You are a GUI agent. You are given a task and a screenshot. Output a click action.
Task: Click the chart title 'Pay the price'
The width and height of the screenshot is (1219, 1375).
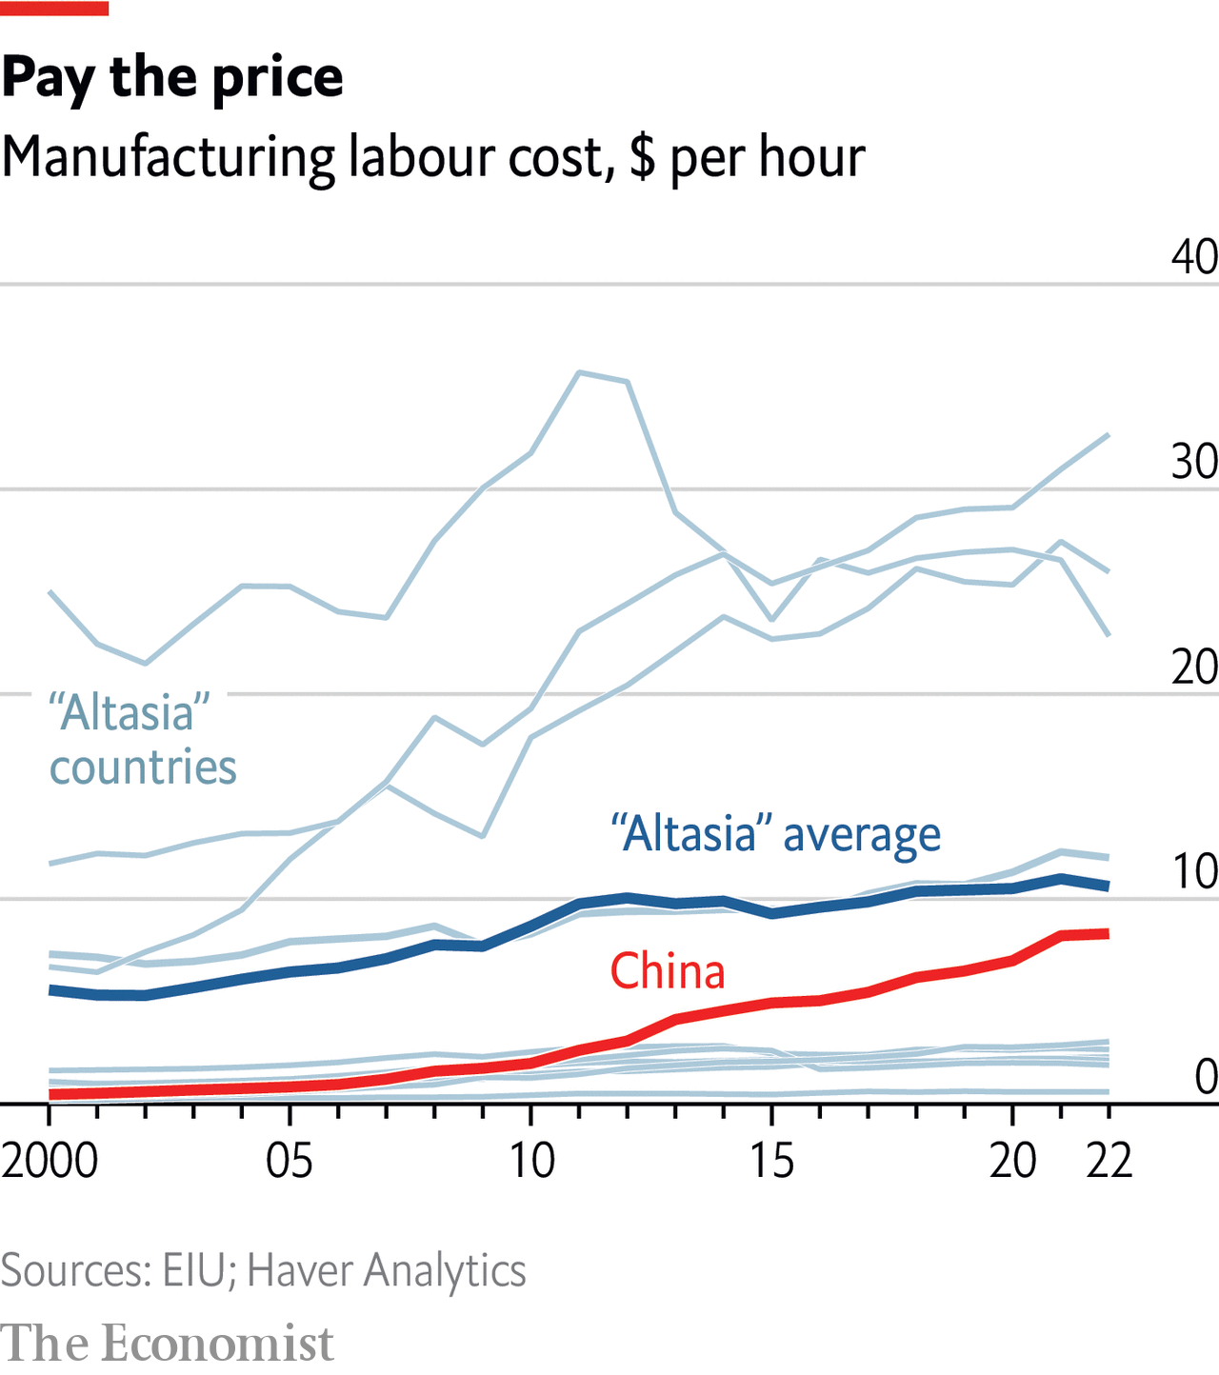tap(172, 78)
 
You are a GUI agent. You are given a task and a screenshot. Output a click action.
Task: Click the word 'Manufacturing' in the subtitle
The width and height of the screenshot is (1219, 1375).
tap(168, 158)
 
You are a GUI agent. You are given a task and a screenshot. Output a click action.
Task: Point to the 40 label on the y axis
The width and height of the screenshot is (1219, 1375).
tap(1194, 257)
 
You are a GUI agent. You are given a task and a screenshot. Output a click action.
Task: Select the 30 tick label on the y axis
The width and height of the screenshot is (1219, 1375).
tap(1194, 462)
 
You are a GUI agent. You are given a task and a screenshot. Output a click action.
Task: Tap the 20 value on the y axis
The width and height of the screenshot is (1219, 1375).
tap(1194, 667)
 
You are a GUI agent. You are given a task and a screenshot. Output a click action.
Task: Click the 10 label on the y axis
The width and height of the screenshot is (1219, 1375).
tap(1194, 871)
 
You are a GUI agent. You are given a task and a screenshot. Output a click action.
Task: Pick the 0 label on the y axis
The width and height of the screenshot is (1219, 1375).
tap(1206, 1077)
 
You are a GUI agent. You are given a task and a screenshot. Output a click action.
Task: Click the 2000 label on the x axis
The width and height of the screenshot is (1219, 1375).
tap(50, 1161)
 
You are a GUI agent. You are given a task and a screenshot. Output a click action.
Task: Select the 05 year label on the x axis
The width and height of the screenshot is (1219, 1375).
tap(290, 1161)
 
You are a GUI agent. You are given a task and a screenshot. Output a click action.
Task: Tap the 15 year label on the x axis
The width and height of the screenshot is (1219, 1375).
tap(771, 1161)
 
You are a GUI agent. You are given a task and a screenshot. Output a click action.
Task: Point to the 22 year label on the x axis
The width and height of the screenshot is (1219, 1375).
tap(1109, 1161)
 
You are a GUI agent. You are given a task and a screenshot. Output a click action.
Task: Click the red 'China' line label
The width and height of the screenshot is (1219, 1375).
tap(668, 972)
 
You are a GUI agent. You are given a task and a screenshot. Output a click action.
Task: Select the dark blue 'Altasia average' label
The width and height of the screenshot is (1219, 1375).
tap(775, 835)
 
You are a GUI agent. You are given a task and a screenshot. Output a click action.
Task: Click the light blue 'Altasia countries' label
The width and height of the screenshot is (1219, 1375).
tap(143, 740)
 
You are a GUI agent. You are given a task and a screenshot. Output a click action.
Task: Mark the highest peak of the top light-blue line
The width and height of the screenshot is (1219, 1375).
tap(580, 372)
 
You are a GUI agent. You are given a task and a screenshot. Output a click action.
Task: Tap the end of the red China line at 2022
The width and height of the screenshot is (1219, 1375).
tap(1109, 933)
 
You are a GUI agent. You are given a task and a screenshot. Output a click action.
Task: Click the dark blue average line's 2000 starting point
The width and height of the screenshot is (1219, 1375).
tap(50, 990)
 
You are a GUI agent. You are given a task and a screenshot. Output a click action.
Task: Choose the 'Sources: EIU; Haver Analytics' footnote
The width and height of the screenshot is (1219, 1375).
tap(263, 1271)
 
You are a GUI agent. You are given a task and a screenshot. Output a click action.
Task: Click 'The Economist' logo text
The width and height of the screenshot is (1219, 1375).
tap(168, 1344)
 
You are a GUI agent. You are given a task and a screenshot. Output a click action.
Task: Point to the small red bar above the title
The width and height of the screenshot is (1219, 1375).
tap(54, 9)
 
